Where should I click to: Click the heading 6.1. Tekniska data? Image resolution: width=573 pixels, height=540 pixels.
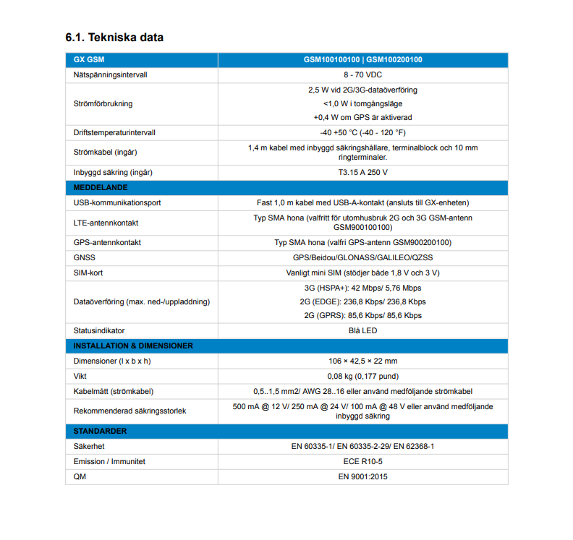(x=114, y=38)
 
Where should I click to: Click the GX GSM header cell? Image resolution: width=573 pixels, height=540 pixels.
(x=89, y=59)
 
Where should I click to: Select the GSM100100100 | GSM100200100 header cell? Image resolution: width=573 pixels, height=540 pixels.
(x=362, y=59)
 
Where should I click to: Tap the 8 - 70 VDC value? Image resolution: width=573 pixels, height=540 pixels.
(x=362, y=74)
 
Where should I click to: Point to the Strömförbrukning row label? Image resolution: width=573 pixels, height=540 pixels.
(x=103, y=103)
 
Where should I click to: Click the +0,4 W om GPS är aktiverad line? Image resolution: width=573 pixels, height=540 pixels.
(x=362, y=117)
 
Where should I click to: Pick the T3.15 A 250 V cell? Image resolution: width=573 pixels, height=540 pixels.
(x=362, y=173)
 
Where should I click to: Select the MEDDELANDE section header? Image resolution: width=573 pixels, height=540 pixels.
(x=101, y=187)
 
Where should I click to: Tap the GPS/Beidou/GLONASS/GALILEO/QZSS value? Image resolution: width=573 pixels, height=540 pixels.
(x=362, y=257)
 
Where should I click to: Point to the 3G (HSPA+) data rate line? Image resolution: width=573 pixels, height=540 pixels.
(x=362, y=288)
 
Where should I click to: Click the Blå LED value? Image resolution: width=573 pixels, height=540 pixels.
(x=362, y=330)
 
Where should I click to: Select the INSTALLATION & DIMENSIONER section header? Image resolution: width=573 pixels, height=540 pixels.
(x=133, y=346)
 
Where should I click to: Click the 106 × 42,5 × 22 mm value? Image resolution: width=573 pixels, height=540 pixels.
(x=362, y=361)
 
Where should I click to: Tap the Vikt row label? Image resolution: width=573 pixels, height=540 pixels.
(x=80, y=376)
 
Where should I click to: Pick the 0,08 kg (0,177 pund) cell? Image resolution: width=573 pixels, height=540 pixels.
(x=362, y=376)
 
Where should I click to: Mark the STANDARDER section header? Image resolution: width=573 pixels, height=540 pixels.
(x=100, y=432)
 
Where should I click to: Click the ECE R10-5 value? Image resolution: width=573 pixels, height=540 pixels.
(x=362, y=461)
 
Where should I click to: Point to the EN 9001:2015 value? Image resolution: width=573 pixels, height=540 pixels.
(x=362, y=476)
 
